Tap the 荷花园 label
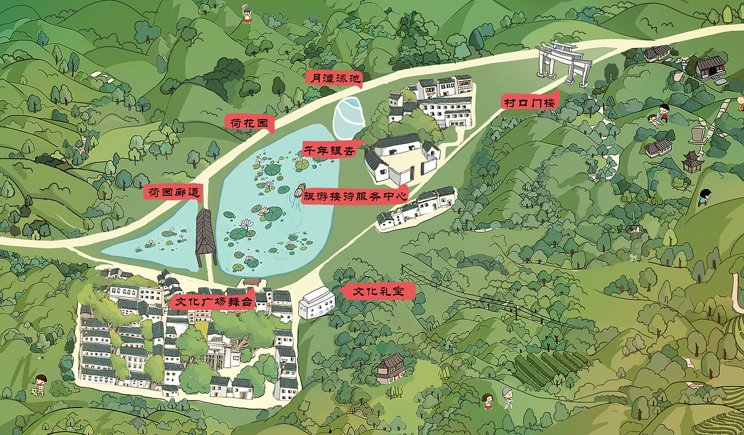tap(249, 123)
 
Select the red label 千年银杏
tap(329, 149)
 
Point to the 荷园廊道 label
tap(172, 192)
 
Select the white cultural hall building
tap(317, 303)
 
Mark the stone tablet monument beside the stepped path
tap(696, 134)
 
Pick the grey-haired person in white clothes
tap(508, 398)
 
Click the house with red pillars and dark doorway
tap(711, 66)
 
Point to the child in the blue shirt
tap(704, 197)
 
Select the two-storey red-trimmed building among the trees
tap(391, 368)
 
